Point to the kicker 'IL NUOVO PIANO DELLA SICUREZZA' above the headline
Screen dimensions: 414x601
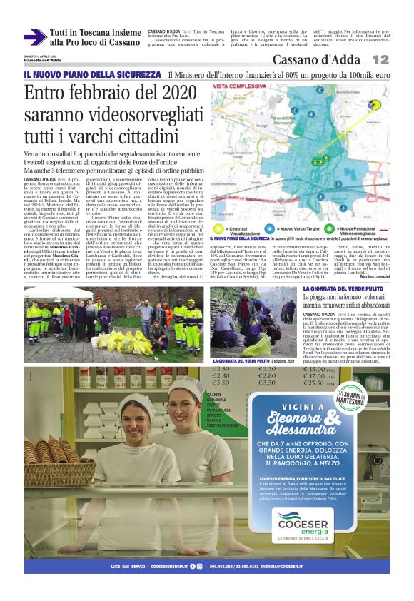(92, 74)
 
